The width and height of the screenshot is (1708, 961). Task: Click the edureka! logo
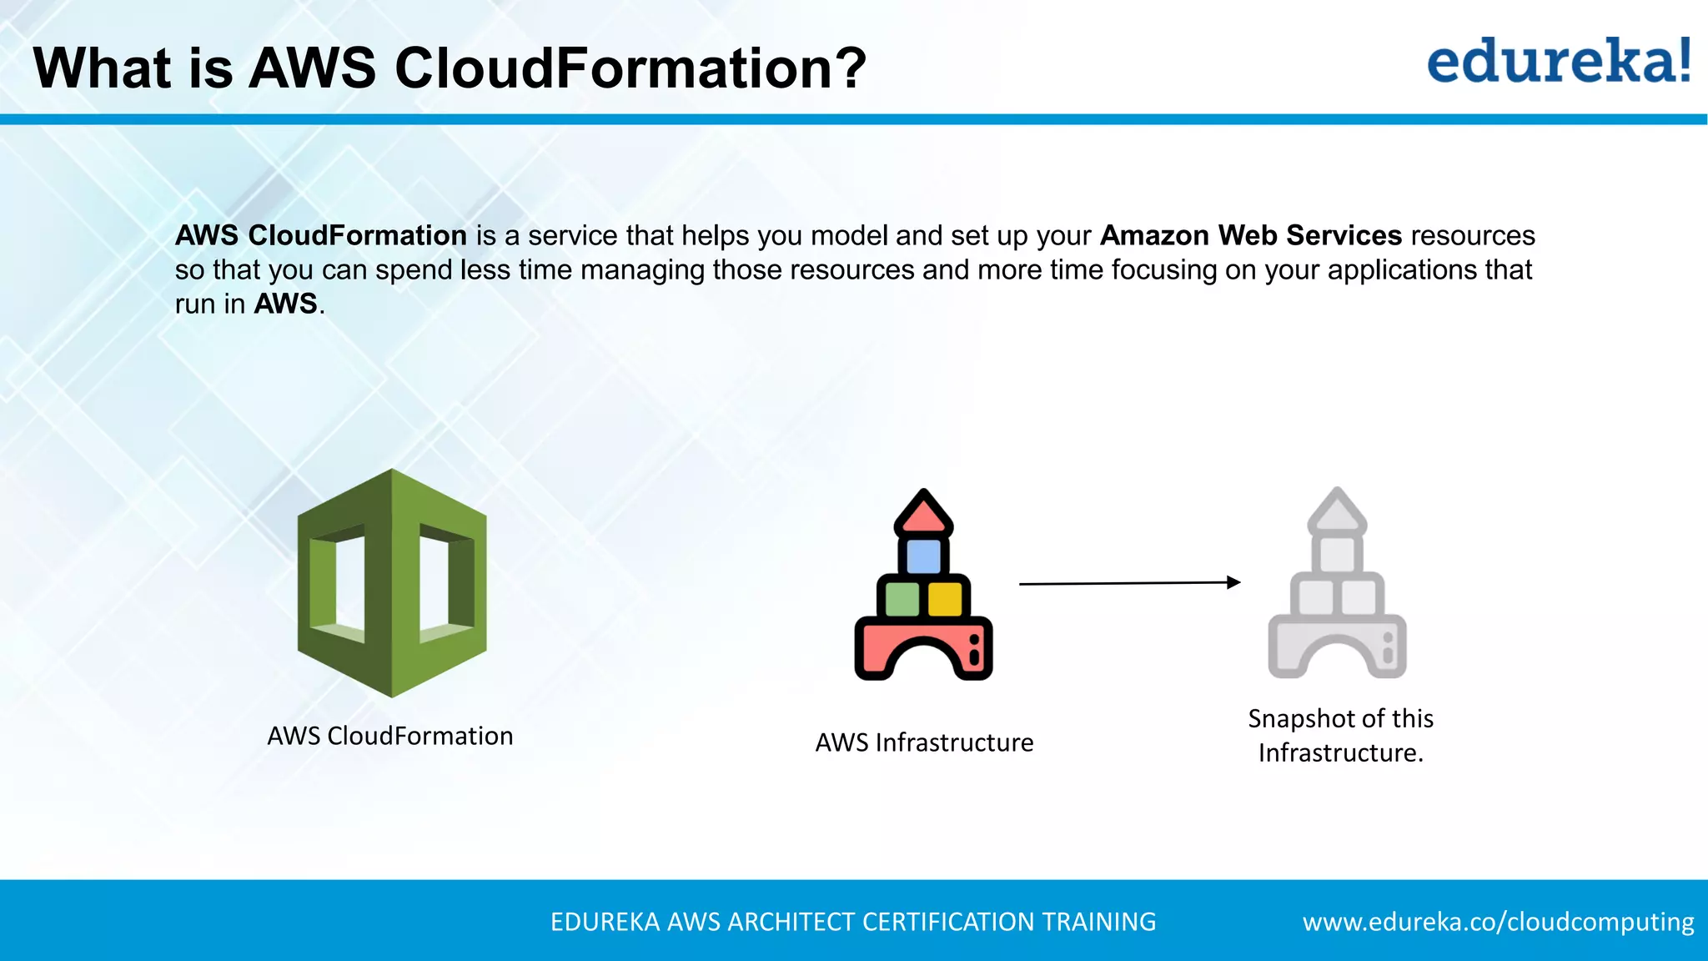(1559, 62)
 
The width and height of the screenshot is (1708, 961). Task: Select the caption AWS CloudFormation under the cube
(389, 736)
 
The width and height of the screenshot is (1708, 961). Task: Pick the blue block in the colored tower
(923, 556)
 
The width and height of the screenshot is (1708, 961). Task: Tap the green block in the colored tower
(902, 598)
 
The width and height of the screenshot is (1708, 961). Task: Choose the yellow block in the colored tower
(945, 598)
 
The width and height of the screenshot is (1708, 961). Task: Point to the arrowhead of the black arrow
(1234, 582)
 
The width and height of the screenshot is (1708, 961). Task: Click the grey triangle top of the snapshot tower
(1337, 511)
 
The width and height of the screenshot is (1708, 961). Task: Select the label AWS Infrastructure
(924, 742)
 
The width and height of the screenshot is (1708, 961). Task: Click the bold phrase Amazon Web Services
(1251, 235)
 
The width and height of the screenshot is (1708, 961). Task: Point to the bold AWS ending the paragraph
(285, 304)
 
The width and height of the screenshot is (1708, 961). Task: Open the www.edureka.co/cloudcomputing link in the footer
(1498, 922)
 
